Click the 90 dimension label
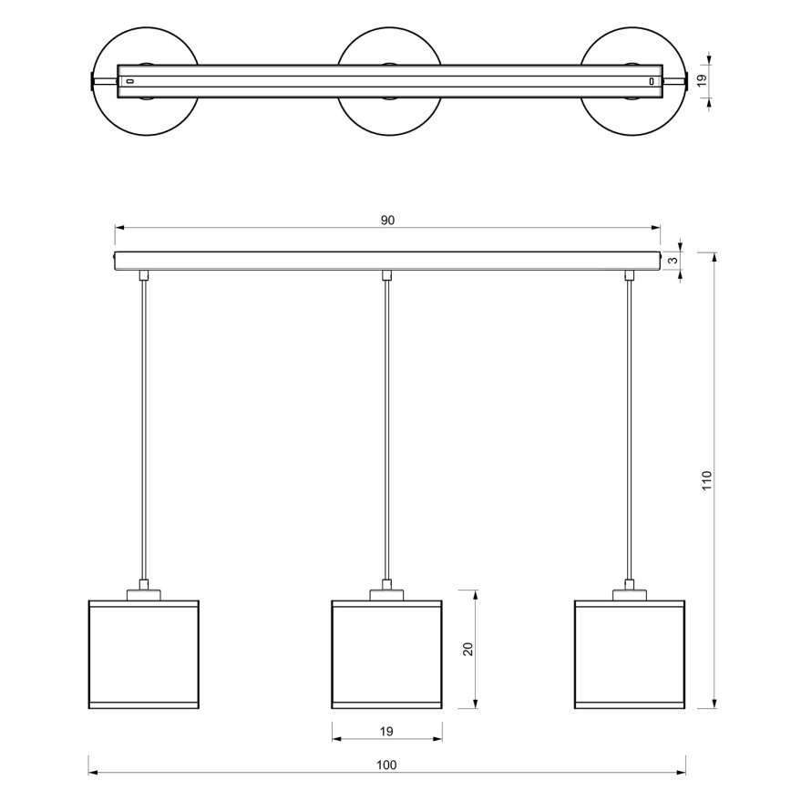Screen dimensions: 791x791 (387, 221)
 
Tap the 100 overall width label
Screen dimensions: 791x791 (386, 765)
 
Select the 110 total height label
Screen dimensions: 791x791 (707, 481)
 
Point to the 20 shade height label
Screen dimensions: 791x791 (468, 649)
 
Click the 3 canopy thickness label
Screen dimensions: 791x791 (673, 261)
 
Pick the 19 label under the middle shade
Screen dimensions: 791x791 (386, 731)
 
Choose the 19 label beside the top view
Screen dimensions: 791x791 (702, 81)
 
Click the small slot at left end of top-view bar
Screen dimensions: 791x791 (129, 81)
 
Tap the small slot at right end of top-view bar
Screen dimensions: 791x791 (652, 81)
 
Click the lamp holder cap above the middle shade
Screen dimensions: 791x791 (387, 595)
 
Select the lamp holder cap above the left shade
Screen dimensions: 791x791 (144, 595)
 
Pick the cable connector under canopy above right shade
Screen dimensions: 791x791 (629, 275)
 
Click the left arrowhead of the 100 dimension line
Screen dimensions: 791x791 (93, 772)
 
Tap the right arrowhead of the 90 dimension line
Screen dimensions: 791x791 (656, 228)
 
